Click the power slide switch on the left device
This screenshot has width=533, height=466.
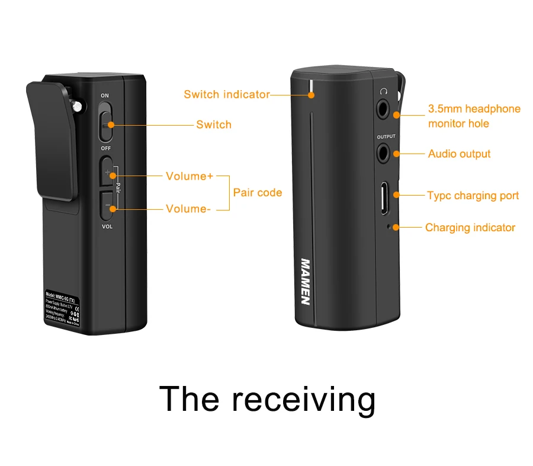pos(105,122)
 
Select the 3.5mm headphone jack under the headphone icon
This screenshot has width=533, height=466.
pos(386,109)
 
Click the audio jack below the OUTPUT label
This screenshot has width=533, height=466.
pos(386,154)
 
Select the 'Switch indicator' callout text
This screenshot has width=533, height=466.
pos(226,94)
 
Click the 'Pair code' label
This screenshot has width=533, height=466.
pos(258,192)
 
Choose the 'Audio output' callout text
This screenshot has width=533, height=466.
pos(459,154)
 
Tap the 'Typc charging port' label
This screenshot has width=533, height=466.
pos(473,196)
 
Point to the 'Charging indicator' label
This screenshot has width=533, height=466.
pos(470,228)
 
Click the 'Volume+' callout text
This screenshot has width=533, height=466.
pos(189,176)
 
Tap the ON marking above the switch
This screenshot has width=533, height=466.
pos(105,95)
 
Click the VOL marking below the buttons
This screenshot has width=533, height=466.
pos(107,226)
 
